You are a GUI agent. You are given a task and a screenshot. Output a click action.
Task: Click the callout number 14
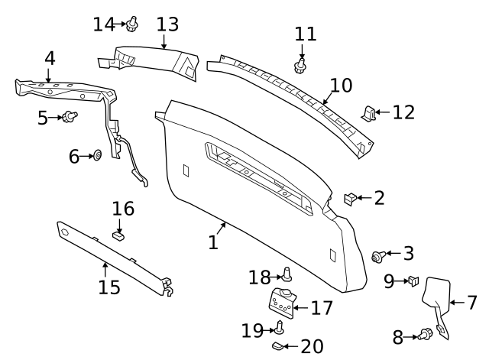pyautogui.click(x=104, y=24)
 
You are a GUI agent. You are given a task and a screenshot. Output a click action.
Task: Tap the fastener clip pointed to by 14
pyautogui.click(x=132, y=24)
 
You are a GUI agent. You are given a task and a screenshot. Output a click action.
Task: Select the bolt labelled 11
pyautogui.click(x=300, y=66)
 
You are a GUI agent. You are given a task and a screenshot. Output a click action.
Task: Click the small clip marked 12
pyautogui.click(x=368, y=114)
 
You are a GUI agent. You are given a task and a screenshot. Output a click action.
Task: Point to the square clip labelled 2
pyautogui.click(x=350, y=199)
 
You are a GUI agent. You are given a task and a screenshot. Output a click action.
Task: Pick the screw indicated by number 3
pyautogui.click(x=379, y=256)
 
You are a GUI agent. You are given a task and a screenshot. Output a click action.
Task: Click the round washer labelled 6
pyautogui.click(x=98, y=154)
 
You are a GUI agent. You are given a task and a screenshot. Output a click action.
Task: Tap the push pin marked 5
pyautogui.click(x=70, y=117)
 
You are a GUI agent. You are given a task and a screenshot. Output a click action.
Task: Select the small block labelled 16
pyautogui.click(x=118, y=235)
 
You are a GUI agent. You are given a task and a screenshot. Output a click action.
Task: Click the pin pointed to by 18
pyautogui.click(x=287, y=274)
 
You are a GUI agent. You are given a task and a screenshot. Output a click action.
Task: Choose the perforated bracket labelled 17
pyautogui.click(x=283, y=303)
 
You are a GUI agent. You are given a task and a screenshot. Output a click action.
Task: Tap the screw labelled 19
pyautogui.click(x=280, y=327)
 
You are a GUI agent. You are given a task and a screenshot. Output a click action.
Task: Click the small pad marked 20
pyautogui.click(x=277, y=345)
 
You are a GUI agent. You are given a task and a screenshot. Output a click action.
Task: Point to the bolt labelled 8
pyautogui.click(x=426, y=335)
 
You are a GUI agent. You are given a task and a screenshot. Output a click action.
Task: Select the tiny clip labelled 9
pyautogui.click(x=413, y=281)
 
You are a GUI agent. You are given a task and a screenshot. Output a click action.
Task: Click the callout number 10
pyautogui.click(x=342, y=85)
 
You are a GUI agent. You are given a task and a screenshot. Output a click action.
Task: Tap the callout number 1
pyautogui.click(x=213, y=242)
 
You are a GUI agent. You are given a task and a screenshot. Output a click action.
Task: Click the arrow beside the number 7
pyautogui.click(x=457, y=302)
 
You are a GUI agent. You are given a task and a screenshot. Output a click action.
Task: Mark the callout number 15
pyautogui.click(x=109, y=287)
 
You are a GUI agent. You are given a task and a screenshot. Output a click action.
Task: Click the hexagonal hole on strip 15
pyautogui.click(x=64, y=232)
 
